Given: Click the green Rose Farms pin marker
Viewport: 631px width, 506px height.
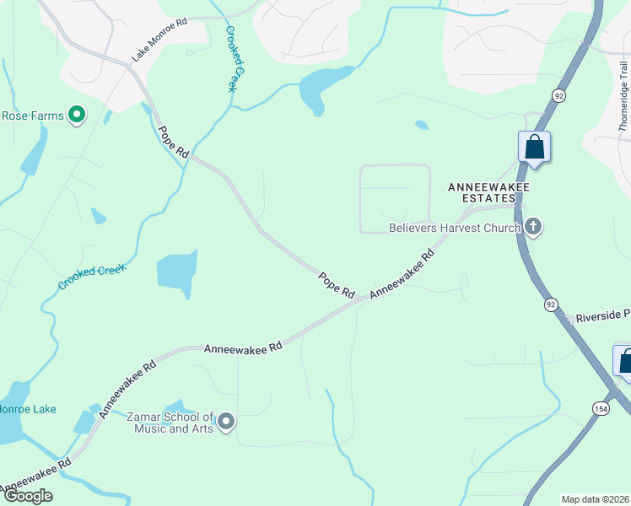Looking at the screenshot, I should pyautogui.click(x=77, y=115).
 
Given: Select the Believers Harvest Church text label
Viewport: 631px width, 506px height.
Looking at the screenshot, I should pyautogui.click(x=454, y=227).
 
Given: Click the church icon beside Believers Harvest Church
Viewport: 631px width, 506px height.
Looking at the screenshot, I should pyautogui.click(x=532, y=226).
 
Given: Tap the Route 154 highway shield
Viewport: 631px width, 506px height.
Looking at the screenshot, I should pyautogui.click(x=600, y=408).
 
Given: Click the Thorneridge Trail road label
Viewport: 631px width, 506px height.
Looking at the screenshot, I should pyautogui.click(x=623, y=96).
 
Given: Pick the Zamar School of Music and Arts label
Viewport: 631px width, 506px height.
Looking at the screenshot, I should pyautogui.click(x=170, y=423).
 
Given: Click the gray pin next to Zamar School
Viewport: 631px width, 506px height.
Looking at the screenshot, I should pyautogui.click(x=225, y=422).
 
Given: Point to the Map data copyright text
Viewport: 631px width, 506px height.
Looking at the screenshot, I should pyautogui.click(x=595, y=499).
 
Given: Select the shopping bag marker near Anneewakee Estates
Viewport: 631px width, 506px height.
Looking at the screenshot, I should pyautogui.click(x=534, y=147).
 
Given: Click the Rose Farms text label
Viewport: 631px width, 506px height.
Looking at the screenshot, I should pyautogui.click(x=32, y=116).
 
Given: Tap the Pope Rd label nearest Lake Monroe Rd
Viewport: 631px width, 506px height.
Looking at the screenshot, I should pyautogui.click(x=173, y=142).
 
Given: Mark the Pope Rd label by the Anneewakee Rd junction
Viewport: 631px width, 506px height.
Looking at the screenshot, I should pyautogui.click(x=337, y=284).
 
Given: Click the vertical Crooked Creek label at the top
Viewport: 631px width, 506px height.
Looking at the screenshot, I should pyautogui.click(x=235, y=57).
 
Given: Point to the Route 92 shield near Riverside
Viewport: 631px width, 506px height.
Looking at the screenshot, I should pyautogui.click(x=551, y=304).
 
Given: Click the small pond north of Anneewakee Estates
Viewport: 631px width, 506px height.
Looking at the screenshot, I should pyautogui.click(x=421, y=125).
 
